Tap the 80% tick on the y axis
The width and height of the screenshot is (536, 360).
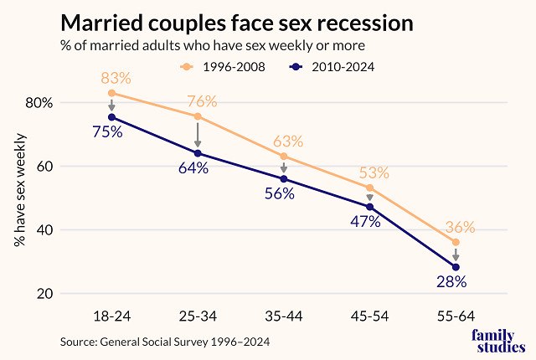(39, 103)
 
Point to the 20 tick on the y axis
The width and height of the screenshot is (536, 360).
(44, 294)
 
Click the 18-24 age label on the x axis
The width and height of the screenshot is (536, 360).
(111, 316)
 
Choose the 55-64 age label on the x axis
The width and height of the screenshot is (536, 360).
(455, 316)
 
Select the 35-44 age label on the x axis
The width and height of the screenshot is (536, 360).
(283, 316)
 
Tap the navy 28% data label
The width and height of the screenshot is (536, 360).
(451, 281)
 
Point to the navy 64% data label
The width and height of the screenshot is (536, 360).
(193, 168)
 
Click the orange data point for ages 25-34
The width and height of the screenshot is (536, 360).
(198, 116)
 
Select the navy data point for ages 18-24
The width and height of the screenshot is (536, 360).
(111, 118)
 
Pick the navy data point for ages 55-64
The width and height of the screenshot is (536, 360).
(456, 267)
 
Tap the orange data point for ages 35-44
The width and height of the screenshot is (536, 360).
(283, 156)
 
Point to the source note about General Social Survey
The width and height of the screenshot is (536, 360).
(166, 342)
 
